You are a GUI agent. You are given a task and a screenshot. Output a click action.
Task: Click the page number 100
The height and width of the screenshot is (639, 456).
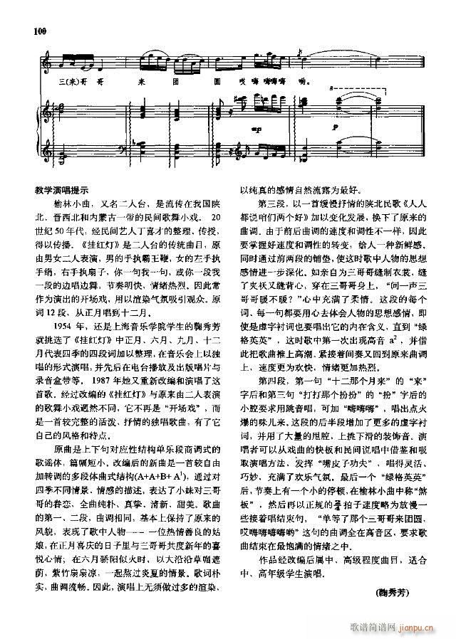39,31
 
